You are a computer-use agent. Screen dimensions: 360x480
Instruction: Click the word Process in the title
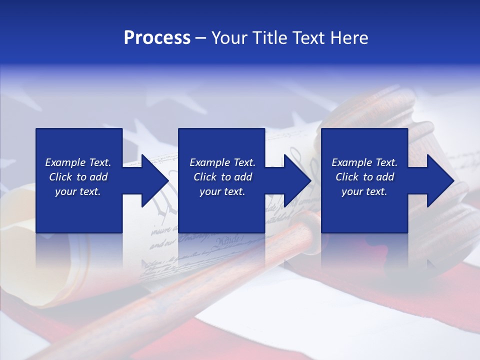coord(157,38)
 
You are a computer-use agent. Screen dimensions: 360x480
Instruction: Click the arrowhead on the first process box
coord(152,180)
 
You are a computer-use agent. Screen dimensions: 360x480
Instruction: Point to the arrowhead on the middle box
coord(295,180)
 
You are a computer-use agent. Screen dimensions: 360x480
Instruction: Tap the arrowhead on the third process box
coord(438,180)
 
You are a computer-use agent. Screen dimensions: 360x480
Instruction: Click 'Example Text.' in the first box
coord(78,162)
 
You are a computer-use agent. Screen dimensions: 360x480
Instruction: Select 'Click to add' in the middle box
coord(222,177)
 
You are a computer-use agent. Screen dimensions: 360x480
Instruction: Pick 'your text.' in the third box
coord(364,191)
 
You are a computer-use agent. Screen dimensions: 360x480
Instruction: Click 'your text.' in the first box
coord(78,191)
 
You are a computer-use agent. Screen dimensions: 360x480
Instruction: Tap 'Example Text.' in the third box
coord(364,162)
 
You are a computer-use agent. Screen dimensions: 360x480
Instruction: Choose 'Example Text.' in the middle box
coord(222,162)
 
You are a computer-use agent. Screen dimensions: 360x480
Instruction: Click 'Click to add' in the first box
coord(78,177)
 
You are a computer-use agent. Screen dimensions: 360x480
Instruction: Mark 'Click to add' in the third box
coord(364,177)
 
